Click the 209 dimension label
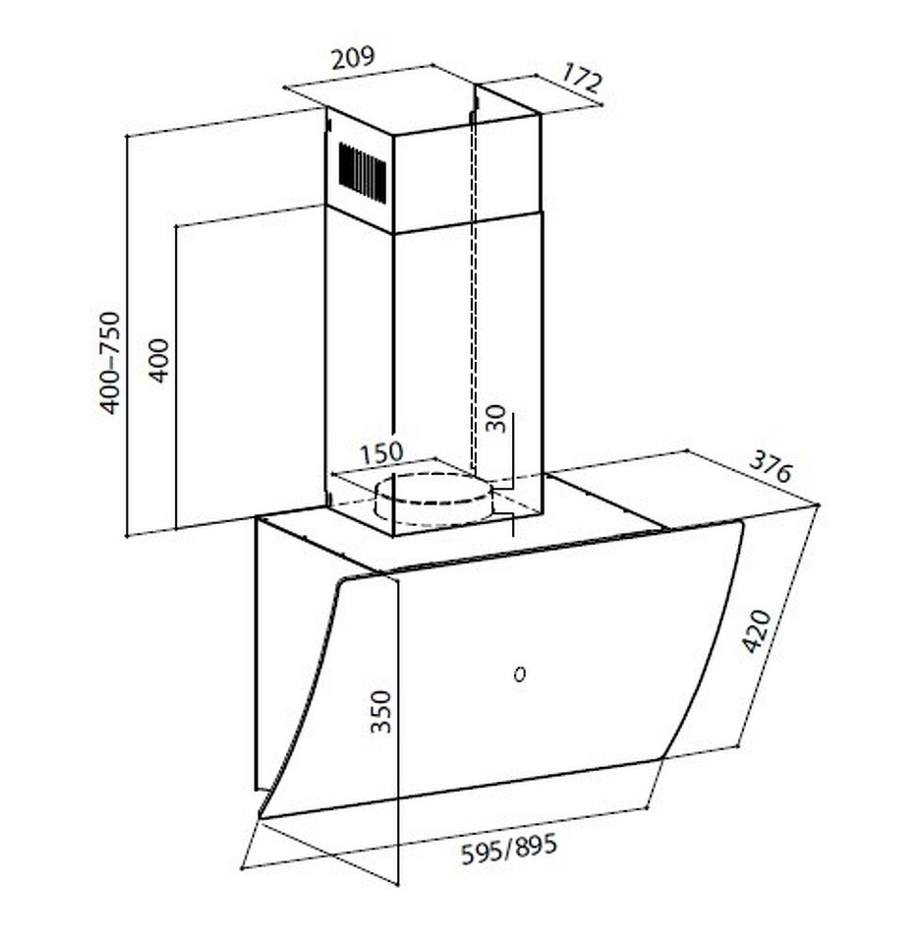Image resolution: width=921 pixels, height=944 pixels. tap(353, 57)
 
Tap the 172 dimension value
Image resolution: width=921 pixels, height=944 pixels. tap(581, 78)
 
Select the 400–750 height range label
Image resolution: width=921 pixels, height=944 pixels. tap(110, 363)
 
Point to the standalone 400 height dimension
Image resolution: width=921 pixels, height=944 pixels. tap(159, 361)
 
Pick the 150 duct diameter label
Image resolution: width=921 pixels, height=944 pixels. tap(381, 453)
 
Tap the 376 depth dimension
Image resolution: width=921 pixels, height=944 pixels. tap(770, 466)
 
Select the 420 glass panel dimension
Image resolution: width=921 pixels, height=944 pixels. tap(756, 631)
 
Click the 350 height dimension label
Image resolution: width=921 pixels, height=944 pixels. tap(381, 711)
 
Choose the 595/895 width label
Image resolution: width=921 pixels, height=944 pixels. tap(508, 849)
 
